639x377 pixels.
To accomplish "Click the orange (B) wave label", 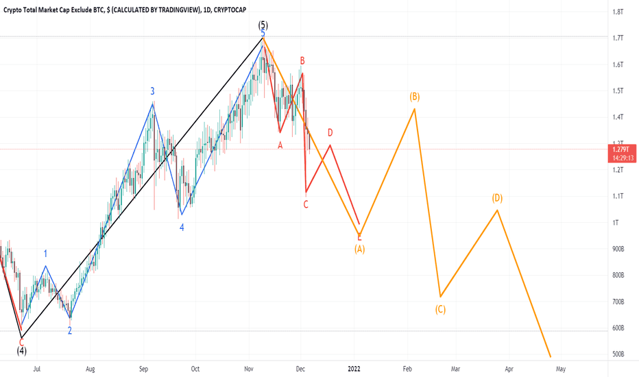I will tap(414, 97).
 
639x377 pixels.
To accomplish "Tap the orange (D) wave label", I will tap(497, 198).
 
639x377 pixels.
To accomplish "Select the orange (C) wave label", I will tap(440, 309).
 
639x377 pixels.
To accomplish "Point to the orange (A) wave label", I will tap(359, 249).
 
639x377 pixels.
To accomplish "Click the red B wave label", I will tap(302, 61).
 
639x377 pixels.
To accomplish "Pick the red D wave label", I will tap(330, 132).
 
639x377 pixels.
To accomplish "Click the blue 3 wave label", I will tap(153, 90).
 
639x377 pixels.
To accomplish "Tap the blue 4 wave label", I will tap(182, 227).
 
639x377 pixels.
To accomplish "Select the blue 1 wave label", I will tap(45, 254).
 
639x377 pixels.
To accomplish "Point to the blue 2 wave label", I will tap(69, 330).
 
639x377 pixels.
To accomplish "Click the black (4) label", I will tap(22, 350).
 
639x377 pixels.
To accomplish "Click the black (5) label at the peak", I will tap(263, 25).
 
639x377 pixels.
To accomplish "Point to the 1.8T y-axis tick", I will tap(618, 12).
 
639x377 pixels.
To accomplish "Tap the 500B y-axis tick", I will tap(618, 354).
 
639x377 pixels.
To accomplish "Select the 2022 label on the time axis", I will tap(356, 368).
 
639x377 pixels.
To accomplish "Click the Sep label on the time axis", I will tap(143, 368).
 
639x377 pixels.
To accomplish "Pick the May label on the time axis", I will tap(560, 368).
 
